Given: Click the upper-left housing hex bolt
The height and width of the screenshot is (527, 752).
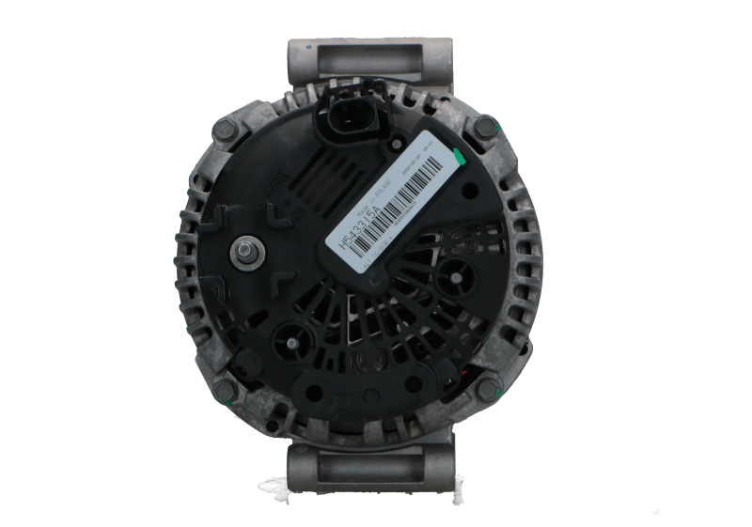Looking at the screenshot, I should coord(227,128).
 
